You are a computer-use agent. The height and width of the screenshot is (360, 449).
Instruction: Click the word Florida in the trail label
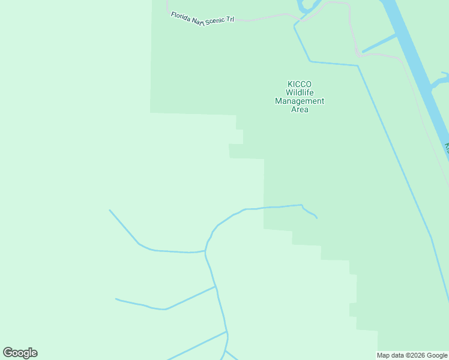pos(180,16)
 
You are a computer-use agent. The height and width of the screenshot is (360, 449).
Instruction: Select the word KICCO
pos(299,85)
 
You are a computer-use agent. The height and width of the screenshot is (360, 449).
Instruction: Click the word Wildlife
pos(299,93)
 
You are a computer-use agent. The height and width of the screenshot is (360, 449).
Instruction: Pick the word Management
pos(299,101)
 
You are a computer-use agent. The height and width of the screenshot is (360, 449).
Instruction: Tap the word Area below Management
pos(299,110)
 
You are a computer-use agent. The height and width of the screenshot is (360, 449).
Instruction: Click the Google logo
pos(20,353)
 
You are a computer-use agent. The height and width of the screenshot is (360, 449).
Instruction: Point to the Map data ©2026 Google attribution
pos(412,355)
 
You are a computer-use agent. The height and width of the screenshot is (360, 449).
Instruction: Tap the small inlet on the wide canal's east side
pos(440,80)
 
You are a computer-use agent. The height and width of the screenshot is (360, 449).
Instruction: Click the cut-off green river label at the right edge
pos(447,147)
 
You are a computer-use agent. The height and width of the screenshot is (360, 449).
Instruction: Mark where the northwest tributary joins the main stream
pos(206,251)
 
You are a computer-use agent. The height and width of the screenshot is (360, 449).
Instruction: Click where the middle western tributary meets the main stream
pos(215,287)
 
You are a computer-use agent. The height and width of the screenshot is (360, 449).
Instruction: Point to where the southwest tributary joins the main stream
pos(227,332)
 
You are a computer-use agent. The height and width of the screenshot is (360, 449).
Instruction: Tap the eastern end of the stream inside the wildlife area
pos(317,218)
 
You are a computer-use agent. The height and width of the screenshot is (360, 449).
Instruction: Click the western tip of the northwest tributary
pos(110,210)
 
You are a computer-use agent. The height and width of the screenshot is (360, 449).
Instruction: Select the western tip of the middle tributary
pos(116,299)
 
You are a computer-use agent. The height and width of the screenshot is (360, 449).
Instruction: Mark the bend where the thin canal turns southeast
pos(358,65)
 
